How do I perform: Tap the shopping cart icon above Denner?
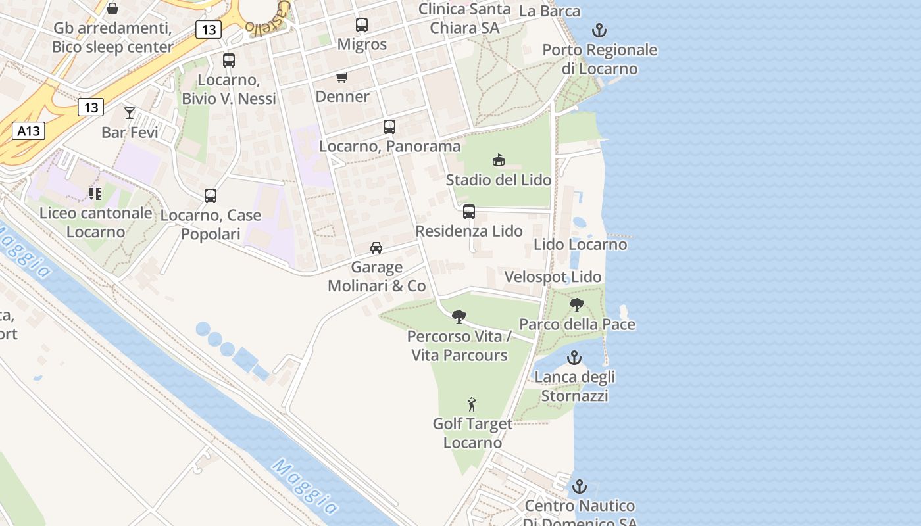pyautogui.click(x=341, y=78)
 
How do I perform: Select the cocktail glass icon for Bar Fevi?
pyautogui.click(x=130, y=113)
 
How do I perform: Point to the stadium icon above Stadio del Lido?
pyautogui.click(x=498, y=160)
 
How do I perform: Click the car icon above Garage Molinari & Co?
pyautogui.click(x=376, y=248)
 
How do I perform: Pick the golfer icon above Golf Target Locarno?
pyautogui.click(x=472, y=404)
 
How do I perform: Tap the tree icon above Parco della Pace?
pyautogui.click(x=577, y=304)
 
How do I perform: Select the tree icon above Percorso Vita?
pyautogui.click(x=459, y=317)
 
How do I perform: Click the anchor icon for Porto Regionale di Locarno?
pyautogui.click(x=599, y=30)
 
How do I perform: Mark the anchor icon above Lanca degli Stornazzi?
pyautogui.click(x=575, y=358)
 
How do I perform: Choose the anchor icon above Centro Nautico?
pyautogui.click(x=580, y=487)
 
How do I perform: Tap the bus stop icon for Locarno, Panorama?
pyautogui.click(x=389, y=127)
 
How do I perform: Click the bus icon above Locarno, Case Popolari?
pyautogui.click(x=211, y=196)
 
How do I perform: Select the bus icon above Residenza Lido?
pyautogui.click(x=469, y=212)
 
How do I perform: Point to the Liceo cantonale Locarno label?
pyautogui.click(x=95, y=222)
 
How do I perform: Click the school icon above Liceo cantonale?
pyautogui.click(x=95, y=194)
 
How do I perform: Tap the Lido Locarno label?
pyautogui.click(x=580, y=245)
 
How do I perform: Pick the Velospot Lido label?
pyautogui.click(x=553, y=277)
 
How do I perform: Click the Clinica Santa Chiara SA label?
pyautogui.click(x=464, y=18)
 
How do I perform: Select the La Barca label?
pyautogui.click(x=549, y=11)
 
